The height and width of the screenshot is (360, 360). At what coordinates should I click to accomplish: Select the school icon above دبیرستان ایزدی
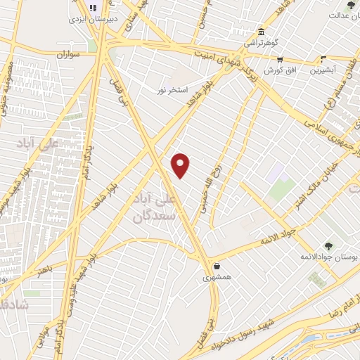click(x=92, y=8)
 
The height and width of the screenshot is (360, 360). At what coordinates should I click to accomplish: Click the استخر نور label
click(x=171, y=91)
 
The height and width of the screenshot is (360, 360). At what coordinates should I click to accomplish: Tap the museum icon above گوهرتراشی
click(x=261, y=32)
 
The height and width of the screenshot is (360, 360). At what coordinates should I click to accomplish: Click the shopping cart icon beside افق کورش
click(x=281, y=60)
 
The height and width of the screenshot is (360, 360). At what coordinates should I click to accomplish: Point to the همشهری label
click(x=217, y=278)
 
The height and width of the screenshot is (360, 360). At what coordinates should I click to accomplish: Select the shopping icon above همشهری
click(x=217, y=266)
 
